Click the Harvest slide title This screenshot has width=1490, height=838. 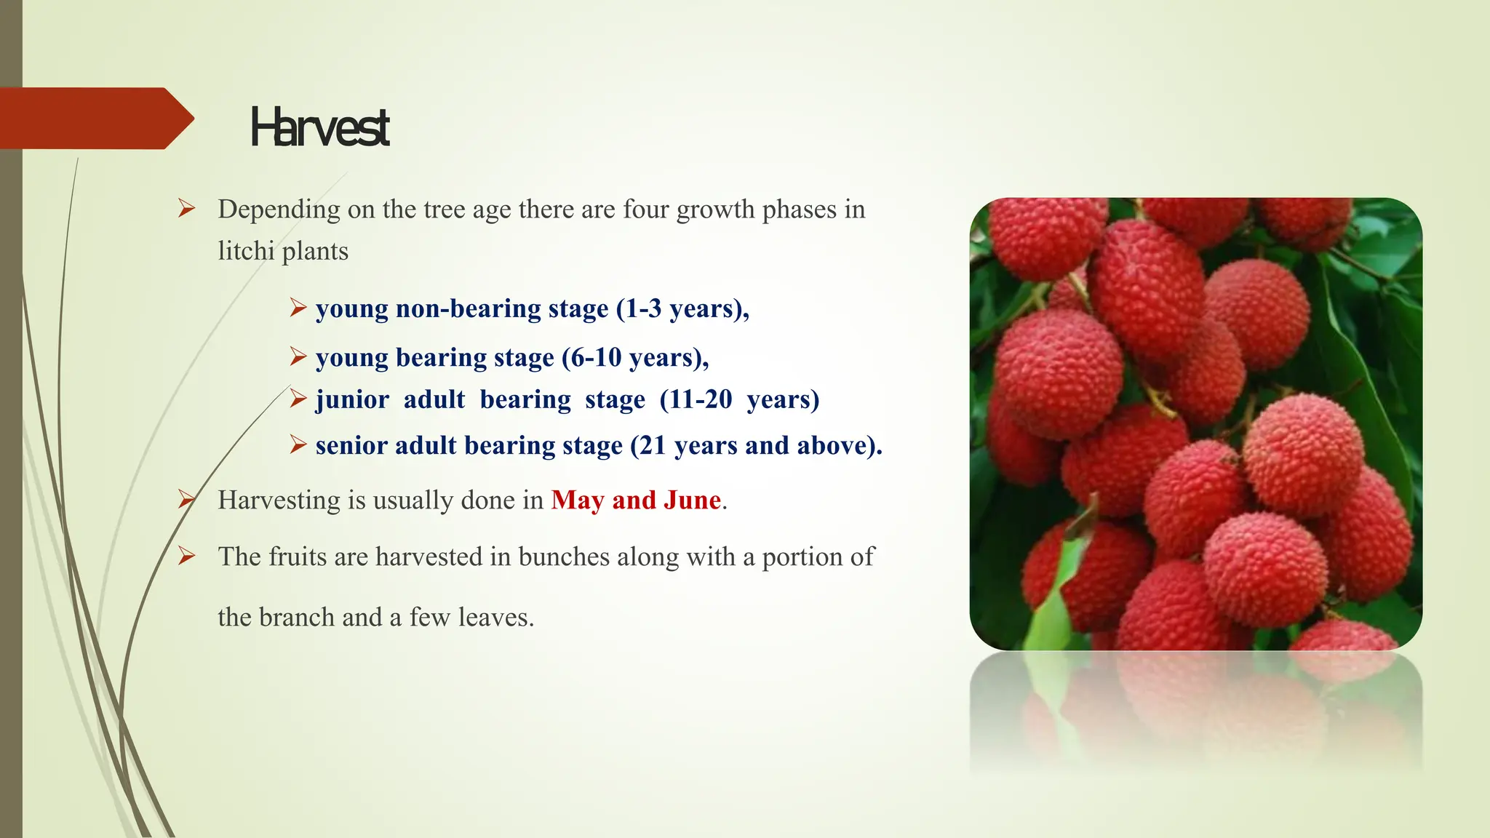(x=319, y=127)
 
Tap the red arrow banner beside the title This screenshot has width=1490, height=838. (x=95, y=119)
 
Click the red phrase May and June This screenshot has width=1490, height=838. (x=636, y=500)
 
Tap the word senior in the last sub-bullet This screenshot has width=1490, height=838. (x=351, y=445)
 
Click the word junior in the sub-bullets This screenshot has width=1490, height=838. (x=352, y=400)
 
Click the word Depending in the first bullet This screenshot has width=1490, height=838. (x=279, y=210)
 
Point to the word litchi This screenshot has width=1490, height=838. (x=246, y=251)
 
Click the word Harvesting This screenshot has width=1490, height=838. (x=279, y=501)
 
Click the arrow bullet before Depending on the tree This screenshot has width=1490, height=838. (x=187, y=209)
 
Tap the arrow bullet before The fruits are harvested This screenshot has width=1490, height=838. (x=187, y=557)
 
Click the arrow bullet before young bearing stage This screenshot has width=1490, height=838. (x=298, y=357)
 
